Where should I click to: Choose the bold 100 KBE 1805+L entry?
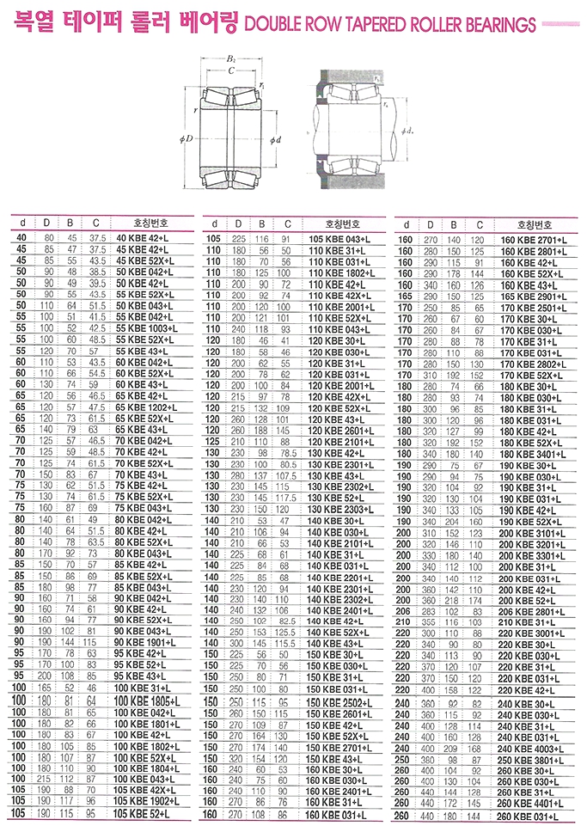coord(147,701)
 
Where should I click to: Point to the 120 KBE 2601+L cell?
coord(341,430)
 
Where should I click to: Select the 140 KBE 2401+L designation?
coord(341,610)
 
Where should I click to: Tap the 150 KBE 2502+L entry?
coord(341,701)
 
